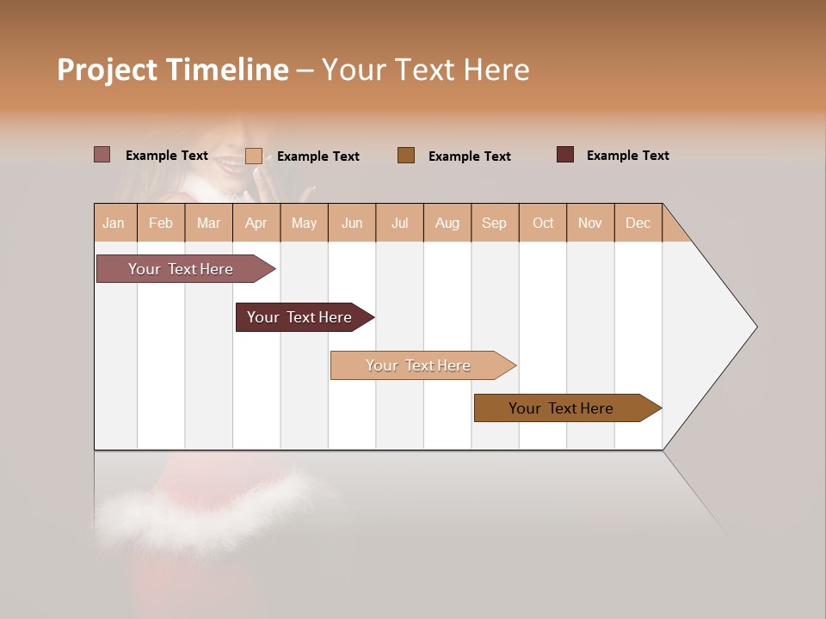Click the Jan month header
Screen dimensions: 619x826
(x=114, y=223)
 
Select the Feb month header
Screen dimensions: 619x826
(x=161, y=223)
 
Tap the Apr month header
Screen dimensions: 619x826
(x=256, y=223)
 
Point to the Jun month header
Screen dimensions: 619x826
(x=352, y=223)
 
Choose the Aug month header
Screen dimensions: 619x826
(x=447, y=223)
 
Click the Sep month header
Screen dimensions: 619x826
(x=494, y=223)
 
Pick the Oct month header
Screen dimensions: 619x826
(x=543, y=223)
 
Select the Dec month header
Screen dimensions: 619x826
(x=638, y=223)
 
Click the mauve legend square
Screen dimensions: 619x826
(x=102, y=155)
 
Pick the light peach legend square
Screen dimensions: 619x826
(x=254, y=156)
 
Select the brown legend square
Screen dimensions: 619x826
(x=406, y=155)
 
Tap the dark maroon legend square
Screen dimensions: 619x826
(x=565, y=155)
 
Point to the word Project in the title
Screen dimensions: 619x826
(x=108, y=70)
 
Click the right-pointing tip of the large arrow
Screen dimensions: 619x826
(x=754, y=327)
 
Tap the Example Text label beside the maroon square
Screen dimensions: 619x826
(x=627, y=156)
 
